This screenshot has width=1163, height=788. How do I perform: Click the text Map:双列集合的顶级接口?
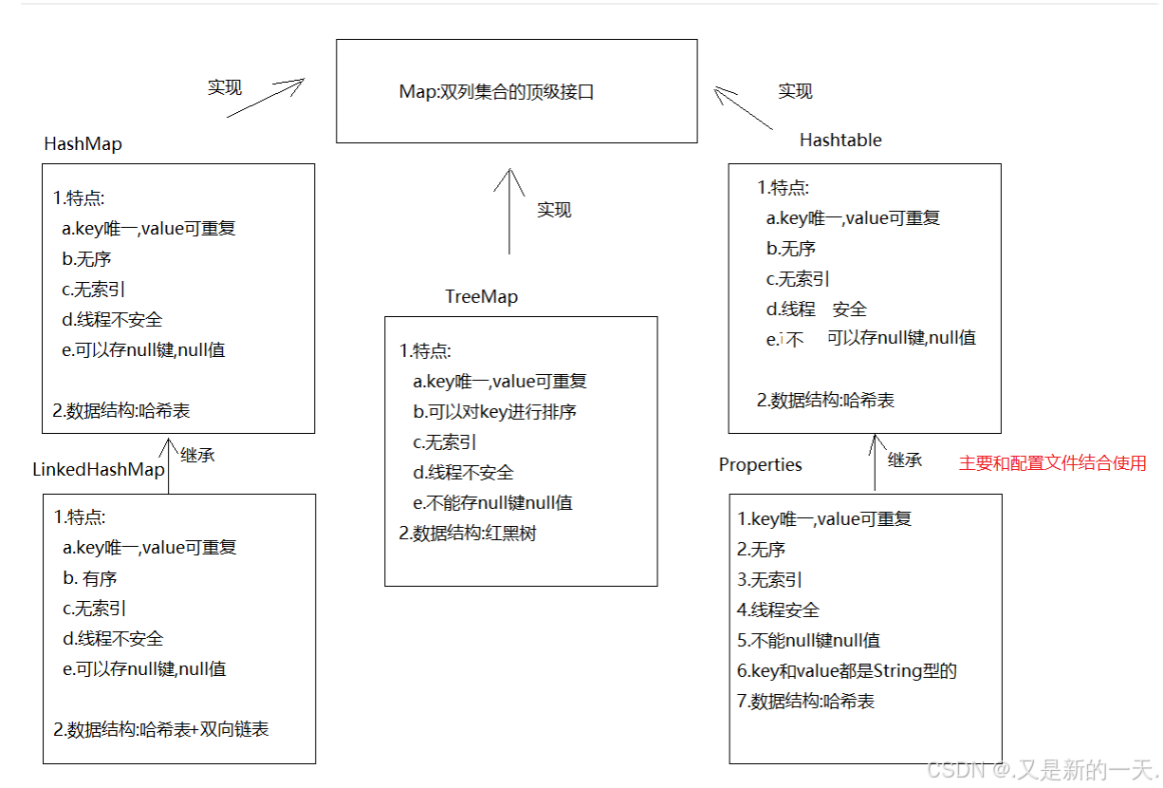pos(496,92)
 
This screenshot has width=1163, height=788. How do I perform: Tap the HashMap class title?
pos(83,144)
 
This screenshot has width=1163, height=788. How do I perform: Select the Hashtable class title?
pos(840,141)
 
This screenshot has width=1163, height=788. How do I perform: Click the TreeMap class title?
pos(481,297)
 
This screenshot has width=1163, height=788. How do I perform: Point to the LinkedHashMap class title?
pos(99,470)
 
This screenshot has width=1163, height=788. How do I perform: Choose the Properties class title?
pos(760,465)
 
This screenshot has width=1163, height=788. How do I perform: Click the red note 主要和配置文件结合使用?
pos(1052,463)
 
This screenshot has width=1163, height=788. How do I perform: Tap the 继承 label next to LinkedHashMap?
pos(197,455)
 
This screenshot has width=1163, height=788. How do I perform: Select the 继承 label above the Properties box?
pos(904,460)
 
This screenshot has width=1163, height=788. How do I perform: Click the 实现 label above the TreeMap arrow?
pos(554,210)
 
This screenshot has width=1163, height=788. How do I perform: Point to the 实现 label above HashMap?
pos(225,87)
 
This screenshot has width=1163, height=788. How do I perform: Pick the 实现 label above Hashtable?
pos(795,91)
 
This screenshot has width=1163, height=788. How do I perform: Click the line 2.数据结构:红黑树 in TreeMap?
pos(468,534)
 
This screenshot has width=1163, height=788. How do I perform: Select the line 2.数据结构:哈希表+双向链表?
pos(160,730)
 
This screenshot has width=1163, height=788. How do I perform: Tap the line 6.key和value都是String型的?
pos(846,671)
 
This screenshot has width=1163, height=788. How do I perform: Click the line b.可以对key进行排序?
pos(494,412)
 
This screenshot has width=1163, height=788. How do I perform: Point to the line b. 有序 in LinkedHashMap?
pos(90,578)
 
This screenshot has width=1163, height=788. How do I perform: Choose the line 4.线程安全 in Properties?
pos(778,610)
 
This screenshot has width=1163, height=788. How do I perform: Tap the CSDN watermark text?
pos(1040,768)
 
